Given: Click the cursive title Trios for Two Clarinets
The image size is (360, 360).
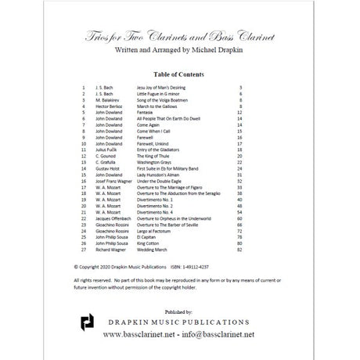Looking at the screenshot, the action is (x=179, y=41).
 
